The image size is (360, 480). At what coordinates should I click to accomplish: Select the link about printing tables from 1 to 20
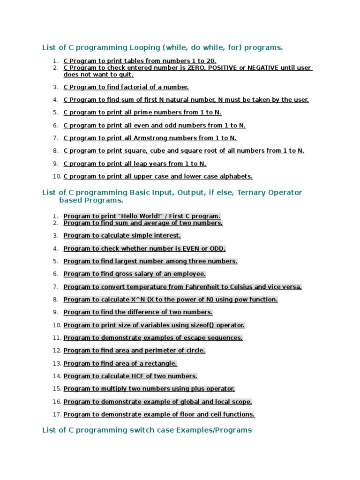(x=140, y=61)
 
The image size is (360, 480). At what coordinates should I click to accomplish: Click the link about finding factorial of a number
(x=126, y=87)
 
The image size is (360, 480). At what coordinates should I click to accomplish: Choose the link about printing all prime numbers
(x=142, y=112)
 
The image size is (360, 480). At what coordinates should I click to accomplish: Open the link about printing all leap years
(x=135, y=164)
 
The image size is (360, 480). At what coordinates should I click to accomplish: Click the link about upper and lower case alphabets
(x=158, y=176)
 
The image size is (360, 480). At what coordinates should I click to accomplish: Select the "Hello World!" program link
(x=142, y=216)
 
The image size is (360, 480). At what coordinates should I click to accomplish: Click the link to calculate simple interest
(x=122, y=236)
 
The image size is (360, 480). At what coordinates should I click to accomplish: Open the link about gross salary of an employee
(x=135, y=274)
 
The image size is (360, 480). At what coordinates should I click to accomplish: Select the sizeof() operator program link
(x=154, y=325)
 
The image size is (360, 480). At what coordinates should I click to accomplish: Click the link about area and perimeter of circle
(x=134, y=351)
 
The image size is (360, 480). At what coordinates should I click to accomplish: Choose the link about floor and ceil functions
(x=159, y=414)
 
